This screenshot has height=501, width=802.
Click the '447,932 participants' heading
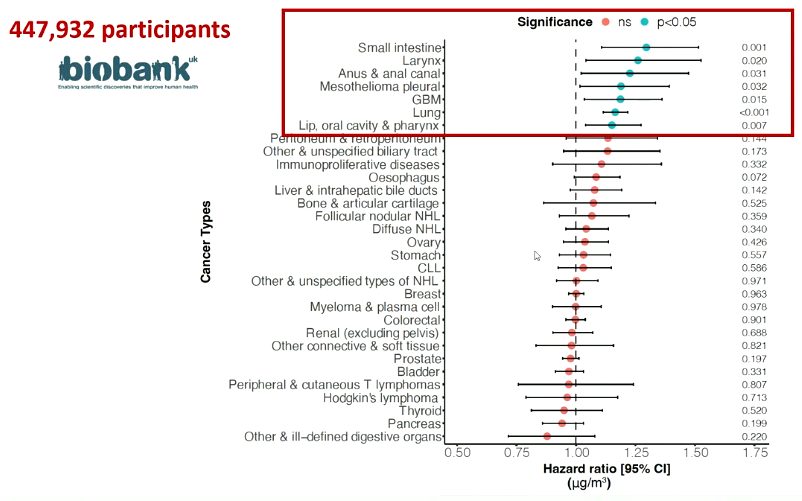pos(120,30)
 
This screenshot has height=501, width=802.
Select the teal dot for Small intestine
pos(646,47)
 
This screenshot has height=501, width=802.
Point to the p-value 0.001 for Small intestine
pos(753,47)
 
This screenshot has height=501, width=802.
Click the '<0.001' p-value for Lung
pos(752,112)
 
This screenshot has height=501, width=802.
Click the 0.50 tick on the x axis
pos(458,453)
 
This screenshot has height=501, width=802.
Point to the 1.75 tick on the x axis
pos(754,453)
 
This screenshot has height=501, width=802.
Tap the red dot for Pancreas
pos(562,423)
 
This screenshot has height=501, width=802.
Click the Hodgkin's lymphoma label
pos(381,397)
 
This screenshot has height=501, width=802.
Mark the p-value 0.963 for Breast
pos(753,294)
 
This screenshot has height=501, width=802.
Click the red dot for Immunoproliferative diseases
pos(601,164)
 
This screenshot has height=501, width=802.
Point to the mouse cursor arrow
pos(538,256)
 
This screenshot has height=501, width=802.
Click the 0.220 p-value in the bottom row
pos(753,436)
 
